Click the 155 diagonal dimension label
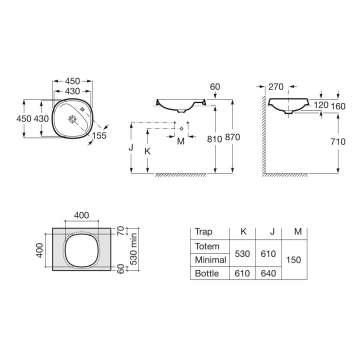pyautogui.click(x=99, y=135)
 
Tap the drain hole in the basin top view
pyautogui.click(x=72, y=119)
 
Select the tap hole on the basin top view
pyautogui.click(x=82, y=109)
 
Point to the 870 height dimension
pyautogui.click(x=232, y=137)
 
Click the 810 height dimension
pyautogui.click(x=214, y=139)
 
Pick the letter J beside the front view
pyautogui.click(x=131, y=147)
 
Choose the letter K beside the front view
pyautogui.click(x=147, y=151)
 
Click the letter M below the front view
pyautogui.click(x=181, y=141)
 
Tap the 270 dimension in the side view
pyautogui.click(x=276, y=87)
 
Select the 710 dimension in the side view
pyautogui.click(x=338, y=141)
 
